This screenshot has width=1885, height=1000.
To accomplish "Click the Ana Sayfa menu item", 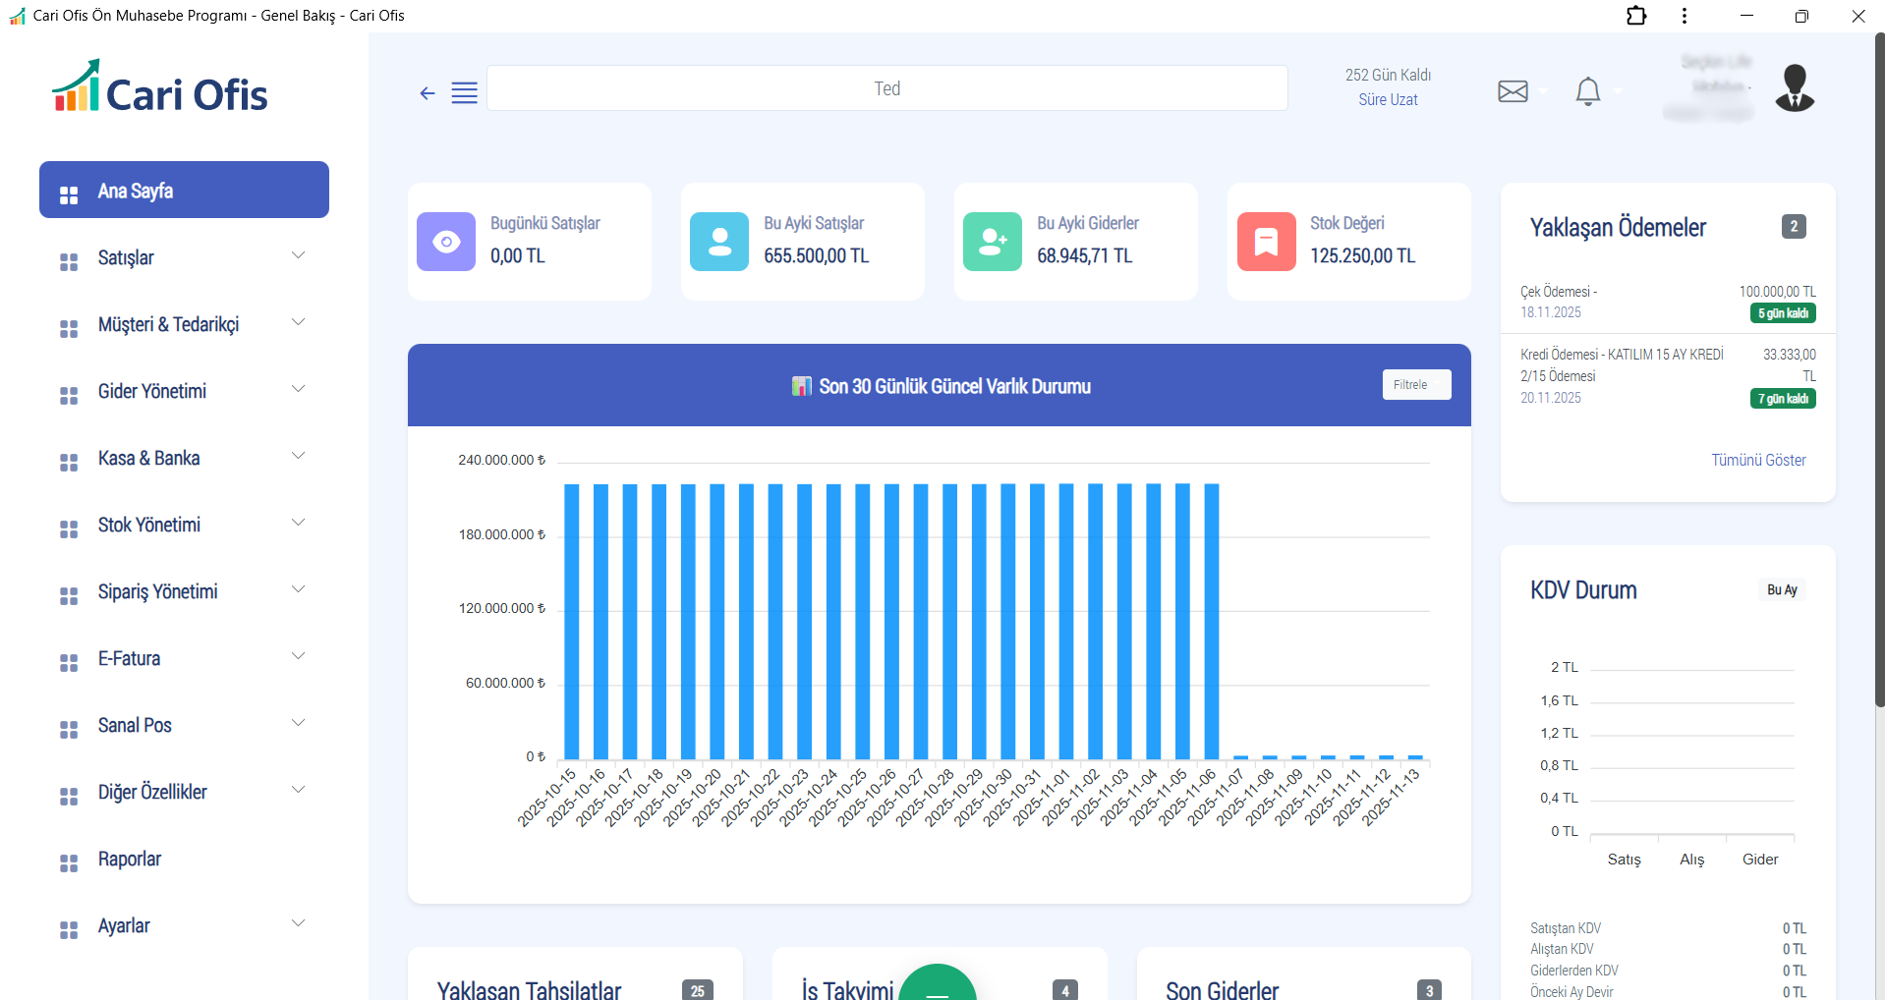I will click(x=184, y=191).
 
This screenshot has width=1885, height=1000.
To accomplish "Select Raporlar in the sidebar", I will click(x=130, y=859).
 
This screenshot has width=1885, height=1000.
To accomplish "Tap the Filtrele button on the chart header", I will click(x=1415, y=385).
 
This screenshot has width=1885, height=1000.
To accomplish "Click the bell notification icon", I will click(x=1587, y=91).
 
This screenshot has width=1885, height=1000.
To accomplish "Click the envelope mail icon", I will click(x=1513, y=91).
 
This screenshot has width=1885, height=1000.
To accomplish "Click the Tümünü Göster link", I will click(x=1758, y=460).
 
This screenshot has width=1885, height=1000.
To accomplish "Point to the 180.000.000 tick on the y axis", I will click(x=501, y=534).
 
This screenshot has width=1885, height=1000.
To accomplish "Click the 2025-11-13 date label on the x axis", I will click(x=1393, y=797).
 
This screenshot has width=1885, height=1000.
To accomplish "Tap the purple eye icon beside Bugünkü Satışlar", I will click(x=446, y=242).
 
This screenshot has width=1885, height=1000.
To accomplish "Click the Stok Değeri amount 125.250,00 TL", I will click(x=1362, y=256).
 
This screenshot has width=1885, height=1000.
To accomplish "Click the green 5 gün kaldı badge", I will click(x=1782, y=313).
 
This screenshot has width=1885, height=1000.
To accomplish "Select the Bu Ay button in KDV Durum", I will click(x=1781, y=589).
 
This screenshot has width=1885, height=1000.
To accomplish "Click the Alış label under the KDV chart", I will click(x=1691, y=860).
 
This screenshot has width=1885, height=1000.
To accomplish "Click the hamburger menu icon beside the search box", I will click(x=464, y=92).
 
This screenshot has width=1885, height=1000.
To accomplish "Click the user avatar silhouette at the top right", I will click(x=1795, y=88).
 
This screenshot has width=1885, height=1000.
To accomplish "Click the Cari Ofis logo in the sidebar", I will click(x=160, y=88).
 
